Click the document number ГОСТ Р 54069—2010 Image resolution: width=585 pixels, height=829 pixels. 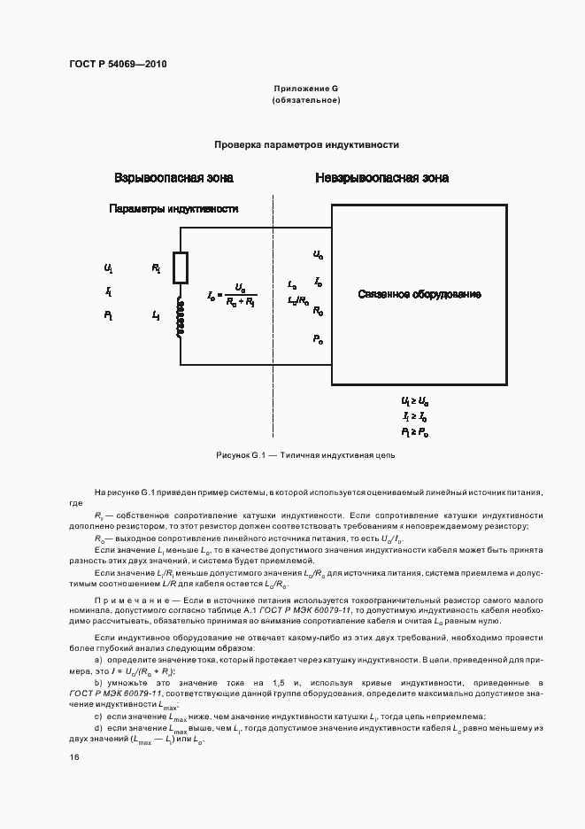(117, 65)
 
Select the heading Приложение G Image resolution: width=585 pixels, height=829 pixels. (306, 89)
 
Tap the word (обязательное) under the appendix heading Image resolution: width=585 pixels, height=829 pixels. (306, 101)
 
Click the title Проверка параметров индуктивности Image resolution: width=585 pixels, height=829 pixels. (306, 144)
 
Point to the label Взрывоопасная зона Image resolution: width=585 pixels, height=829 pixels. (173, 178)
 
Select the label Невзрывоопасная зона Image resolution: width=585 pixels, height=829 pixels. (381, 178)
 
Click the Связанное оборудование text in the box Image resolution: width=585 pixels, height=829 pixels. (420, 293)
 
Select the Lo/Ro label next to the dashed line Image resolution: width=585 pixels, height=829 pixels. (298, 300)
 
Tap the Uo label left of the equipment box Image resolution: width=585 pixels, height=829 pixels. (318, 254)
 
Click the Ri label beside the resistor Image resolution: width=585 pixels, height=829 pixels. (156, 267)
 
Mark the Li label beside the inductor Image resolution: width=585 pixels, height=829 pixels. (156, 314)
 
